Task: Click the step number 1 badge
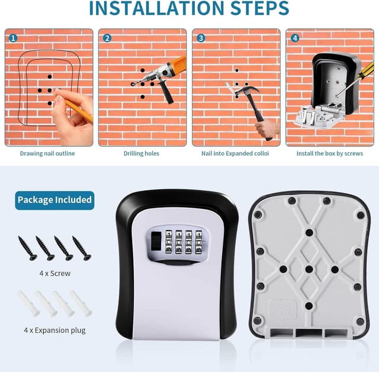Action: pyautogui.click(x=13, y=38)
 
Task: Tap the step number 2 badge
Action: pyautogui.click(x=107, y=38)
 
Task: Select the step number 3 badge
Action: pyautogui.click(x=201, y=38)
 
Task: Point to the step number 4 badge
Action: pyautogui.click(x=295, y=38)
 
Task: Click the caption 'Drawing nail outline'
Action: pyautogui.click(x=47, y=153)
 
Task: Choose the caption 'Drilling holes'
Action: pyautogui.click(x=141, y=153)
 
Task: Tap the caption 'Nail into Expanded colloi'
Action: pyautogui.click(x=235, y=153)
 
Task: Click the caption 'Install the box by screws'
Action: pyautogui.click(x=330, y=153)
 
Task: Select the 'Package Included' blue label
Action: pyautogui.click(x=54, y=200)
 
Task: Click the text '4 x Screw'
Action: pyautogui.click(x=54, y=273)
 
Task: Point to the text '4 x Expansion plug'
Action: pyautogui.click(x=54, y=330)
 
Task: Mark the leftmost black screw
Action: pyautogui.click(x=27, y=248)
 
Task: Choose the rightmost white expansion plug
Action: pyautogui.click(x=81, y=303)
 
